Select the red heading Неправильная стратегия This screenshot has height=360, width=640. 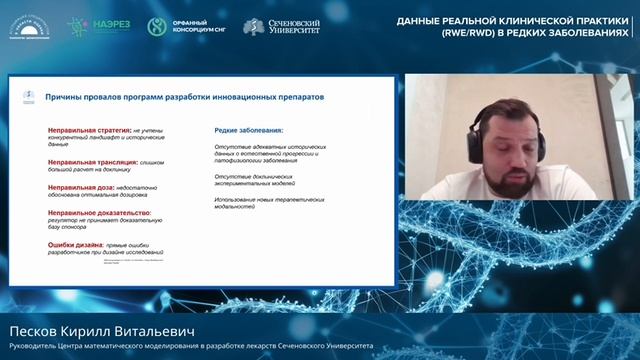(85, 130)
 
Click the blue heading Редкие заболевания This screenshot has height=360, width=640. (249, 130)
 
